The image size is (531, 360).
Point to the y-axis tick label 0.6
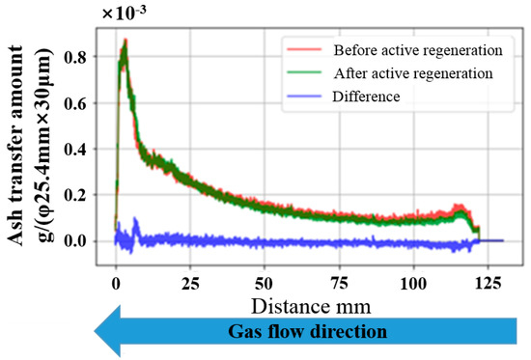(73, 103)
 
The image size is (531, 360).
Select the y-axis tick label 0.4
(73, 149)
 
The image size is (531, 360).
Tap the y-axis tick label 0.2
(73, 194)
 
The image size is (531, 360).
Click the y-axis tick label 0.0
(73, 240)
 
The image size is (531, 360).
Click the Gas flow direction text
(307, 332)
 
